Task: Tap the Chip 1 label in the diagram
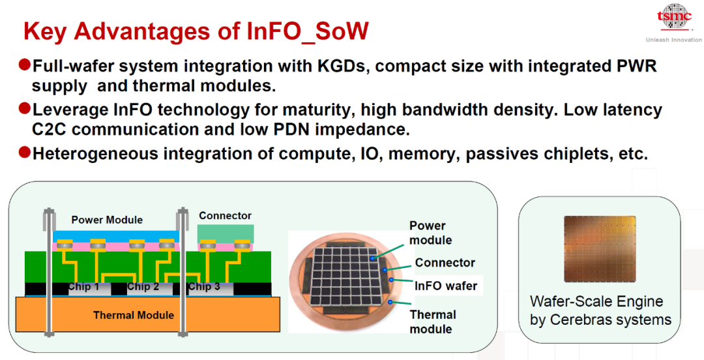83,287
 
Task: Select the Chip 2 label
143,287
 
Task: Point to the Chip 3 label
204,287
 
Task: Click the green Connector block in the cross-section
225,232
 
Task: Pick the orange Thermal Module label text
134,315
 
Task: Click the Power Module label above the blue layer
107,220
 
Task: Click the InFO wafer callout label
446,286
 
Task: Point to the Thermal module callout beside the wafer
433,322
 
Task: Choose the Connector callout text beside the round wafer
445,263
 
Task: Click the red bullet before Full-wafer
24,65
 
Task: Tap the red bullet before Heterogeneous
24,153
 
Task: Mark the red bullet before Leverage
24,108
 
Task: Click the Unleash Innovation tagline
673,40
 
